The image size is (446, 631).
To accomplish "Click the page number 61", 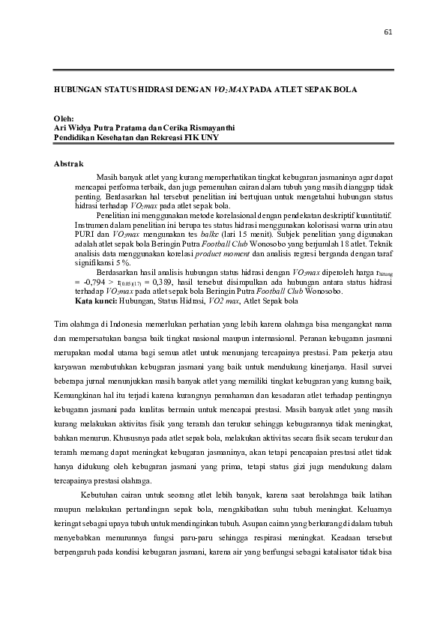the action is pos(388,31).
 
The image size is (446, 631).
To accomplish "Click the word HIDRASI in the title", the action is pos(154,88).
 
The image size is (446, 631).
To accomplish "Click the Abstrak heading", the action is pos(68,163).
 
